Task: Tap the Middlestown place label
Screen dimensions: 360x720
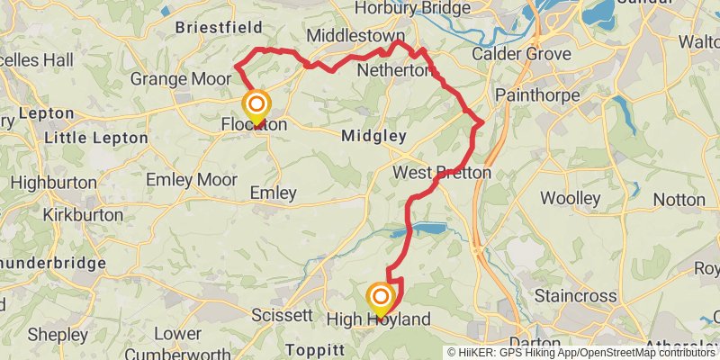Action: [x=355, y=35]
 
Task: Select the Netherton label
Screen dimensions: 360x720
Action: [x=391, y=69]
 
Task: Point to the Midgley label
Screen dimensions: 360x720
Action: [x=374, y=136]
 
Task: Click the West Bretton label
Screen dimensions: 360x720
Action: [x=442, y=172]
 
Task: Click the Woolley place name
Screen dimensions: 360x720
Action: [x=571, y=197]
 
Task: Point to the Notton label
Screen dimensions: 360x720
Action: [x=680, y=198]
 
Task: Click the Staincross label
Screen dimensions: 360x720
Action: [x=575, y=296]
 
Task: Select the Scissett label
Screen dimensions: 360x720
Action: [x=282, y=316]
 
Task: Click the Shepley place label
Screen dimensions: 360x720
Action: [x=58, y=334]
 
